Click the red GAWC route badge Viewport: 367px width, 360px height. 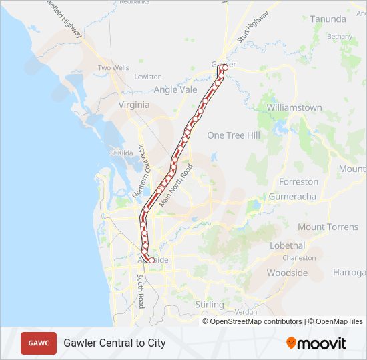39,343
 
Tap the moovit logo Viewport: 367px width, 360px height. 316,343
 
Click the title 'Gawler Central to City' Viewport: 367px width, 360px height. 115,343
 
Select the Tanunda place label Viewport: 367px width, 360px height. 328,19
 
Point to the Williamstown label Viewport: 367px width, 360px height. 294,107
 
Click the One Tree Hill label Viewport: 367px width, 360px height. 233,135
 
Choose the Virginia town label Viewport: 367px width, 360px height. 134,105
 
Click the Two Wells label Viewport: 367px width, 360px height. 113,68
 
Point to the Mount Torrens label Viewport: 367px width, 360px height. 328,227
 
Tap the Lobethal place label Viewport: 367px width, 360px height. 287,245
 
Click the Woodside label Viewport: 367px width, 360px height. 287,273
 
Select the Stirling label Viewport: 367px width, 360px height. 209,305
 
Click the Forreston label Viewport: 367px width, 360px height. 298,181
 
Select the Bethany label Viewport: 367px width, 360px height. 339,36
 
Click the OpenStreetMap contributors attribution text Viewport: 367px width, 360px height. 256,321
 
